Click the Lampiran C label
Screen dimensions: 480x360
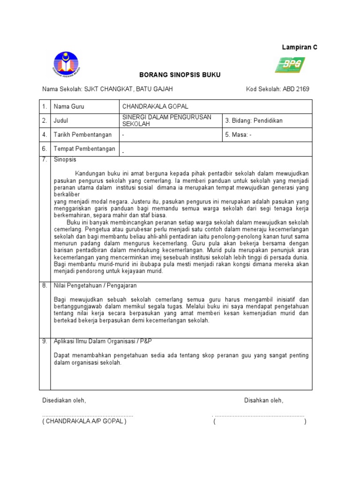pyautogui.click(x=299, y=48)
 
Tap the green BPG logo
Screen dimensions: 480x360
pyautogui.click(x=290, y=65)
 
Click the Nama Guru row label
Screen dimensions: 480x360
pyautogui.click(x=69, y=107)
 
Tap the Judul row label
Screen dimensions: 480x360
pyautogui.click(x=61, y=120)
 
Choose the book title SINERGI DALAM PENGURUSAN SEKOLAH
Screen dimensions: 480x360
pyautogui.click(x=166, y=120)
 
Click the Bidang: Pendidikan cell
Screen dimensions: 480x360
pyautogui.click(x=254, y=120)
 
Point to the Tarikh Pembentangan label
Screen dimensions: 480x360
pyautogui.click(x=82, y=135)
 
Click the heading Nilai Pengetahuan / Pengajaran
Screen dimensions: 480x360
pyautogui.click(x=95, y=285)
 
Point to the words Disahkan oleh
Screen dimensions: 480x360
pyautogui.click(x=263, y=401)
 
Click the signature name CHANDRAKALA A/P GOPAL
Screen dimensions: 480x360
pyautogui.click(x=84, y=421)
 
